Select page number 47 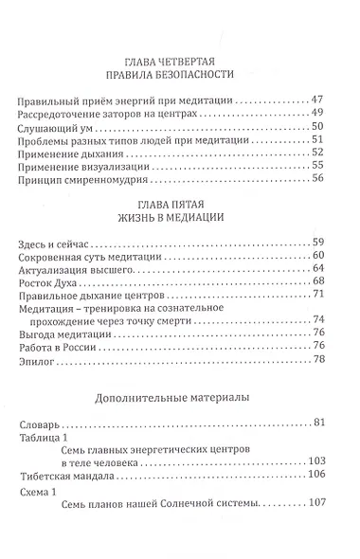pyautogui.click(x=318, y=99)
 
